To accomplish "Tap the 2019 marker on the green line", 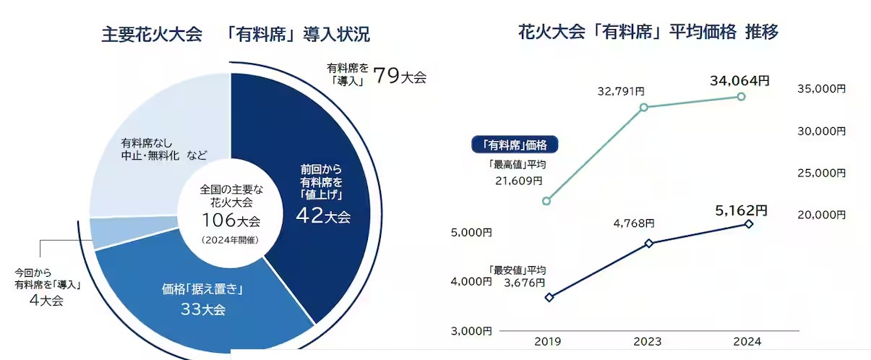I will (546, 201).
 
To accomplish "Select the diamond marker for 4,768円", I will (649, 244).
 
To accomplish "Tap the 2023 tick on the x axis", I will (648, 341).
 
